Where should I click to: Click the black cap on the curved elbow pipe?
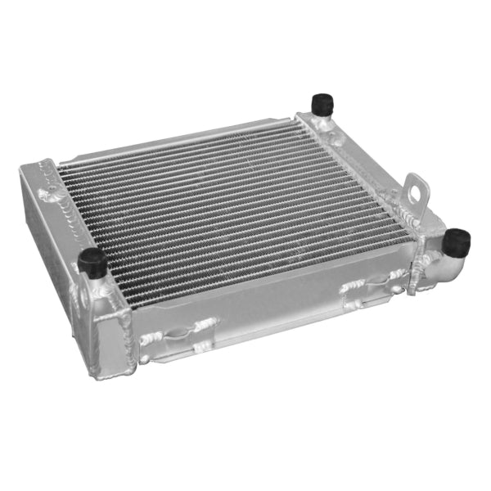coord(457,240)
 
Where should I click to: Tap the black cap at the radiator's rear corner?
coord(321,104)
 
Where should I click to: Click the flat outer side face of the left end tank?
coord(49,245)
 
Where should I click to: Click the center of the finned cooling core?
coord(233,209)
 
